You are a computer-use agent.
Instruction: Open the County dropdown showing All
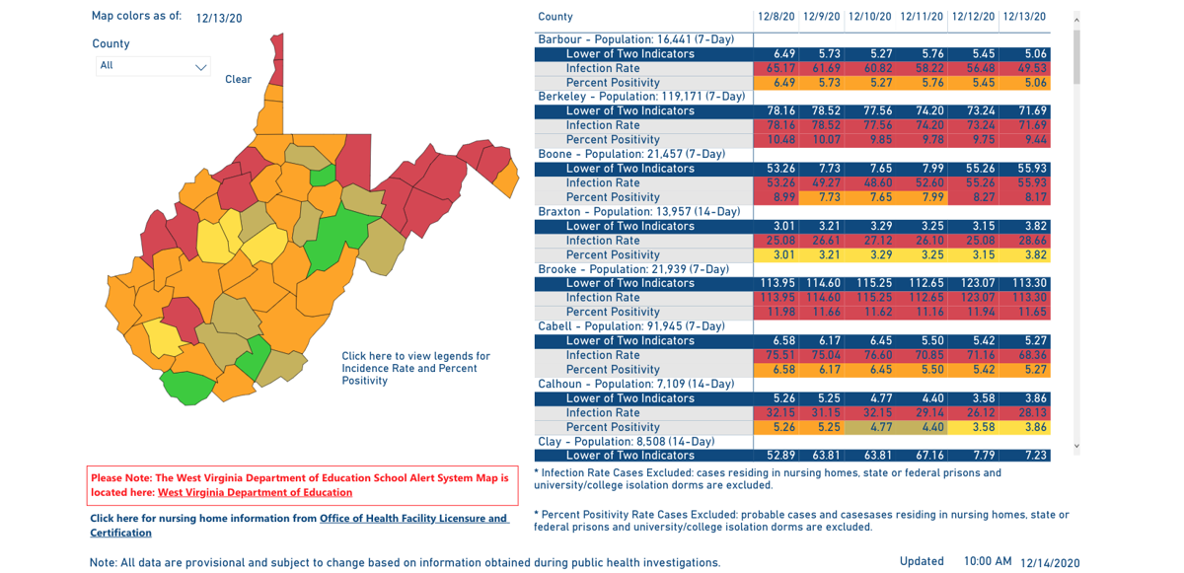click(153, 66)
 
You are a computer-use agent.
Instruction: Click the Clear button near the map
click(238, 79)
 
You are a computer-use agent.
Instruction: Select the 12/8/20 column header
click(777, 17)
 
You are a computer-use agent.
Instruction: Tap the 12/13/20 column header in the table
click(1024, 17)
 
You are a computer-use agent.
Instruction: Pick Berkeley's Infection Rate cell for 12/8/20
click(777, 125)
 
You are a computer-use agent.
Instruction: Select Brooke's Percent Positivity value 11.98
click(777, 312)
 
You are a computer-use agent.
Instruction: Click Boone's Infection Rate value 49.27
click(822, 182)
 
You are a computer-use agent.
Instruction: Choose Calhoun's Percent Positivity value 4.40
click(925, 427)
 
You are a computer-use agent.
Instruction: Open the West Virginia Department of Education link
click(255, 492)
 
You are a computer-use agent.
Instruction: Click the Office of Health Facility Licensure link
click(413, 518)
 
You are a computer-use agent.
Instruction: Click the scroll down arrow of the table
click(1076, 446)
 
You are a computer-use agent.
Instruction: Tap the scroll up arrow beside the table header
click(1076, 20)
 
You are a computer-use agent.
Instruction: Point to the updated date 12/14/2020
click(1050, 562)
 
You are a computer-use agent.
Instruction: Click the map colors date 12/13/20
click(219, 18)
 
